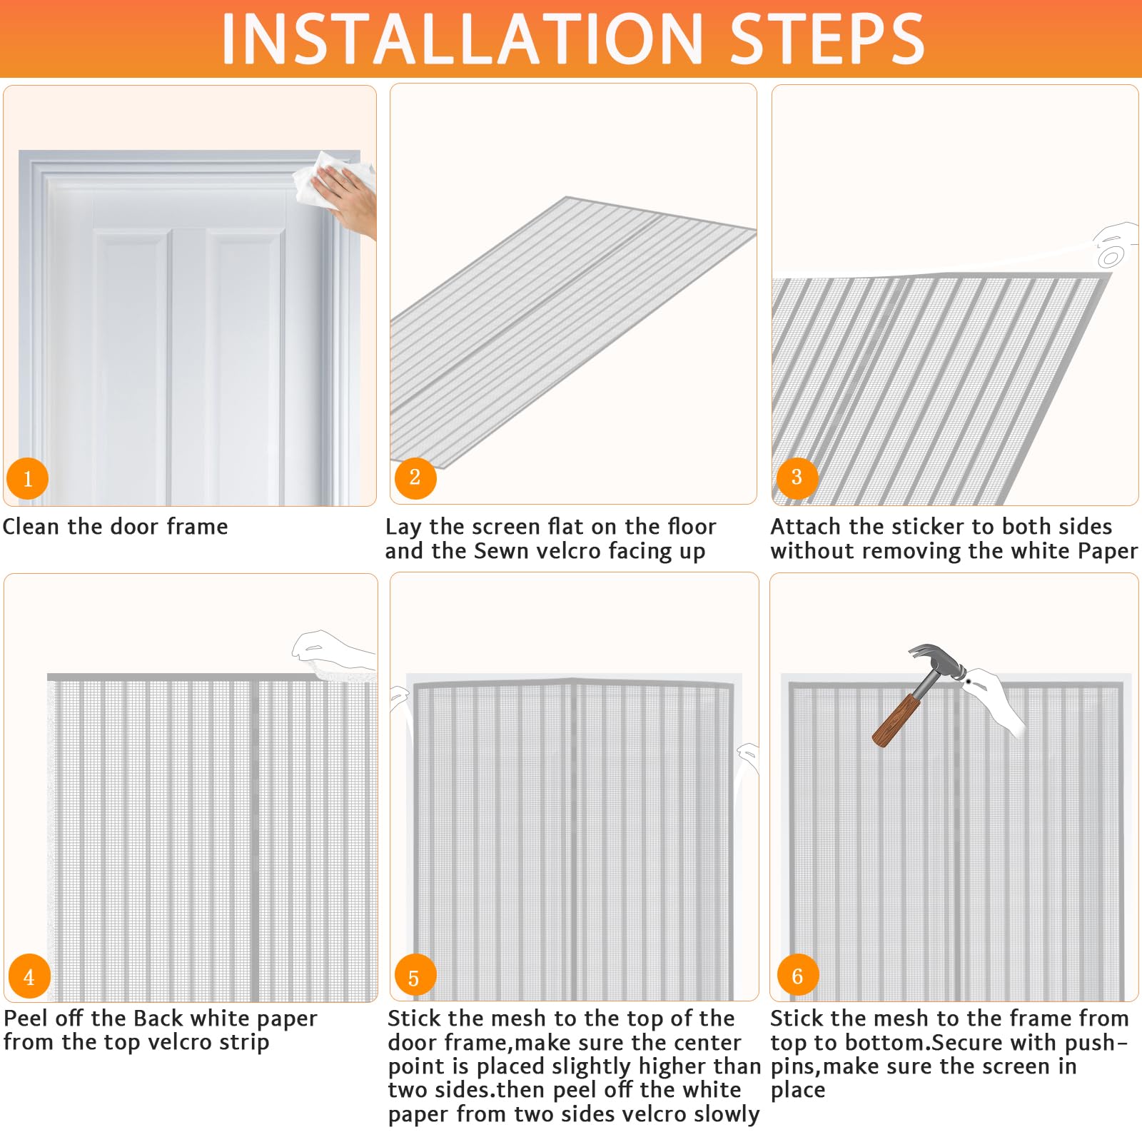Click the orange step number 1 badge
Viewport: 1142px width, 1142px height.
point(28,478)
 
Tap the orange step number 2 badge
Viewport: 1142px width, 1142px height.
point(415,477)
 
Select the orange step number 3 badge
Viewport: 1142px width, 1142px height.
point(797,476)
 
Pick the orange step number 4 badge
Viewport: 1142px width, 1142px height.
point(29,976)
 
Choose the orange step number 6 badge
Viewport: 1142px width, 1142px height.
point(797,975)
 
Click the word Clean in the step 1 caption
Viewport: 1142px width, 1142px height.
point(31,527)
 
